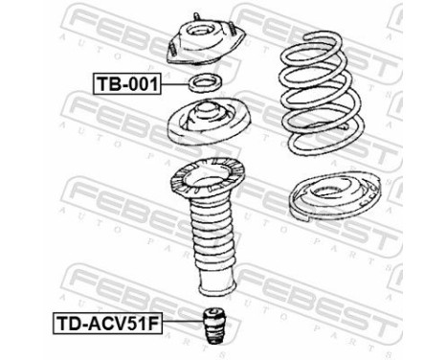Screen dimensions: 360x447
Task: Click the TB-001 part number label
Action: (126, 83)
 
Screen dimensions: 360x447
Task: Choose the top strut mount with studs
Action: (204, 44)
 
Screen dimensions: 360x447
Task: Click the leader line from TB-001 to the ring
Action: (174, 84)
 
